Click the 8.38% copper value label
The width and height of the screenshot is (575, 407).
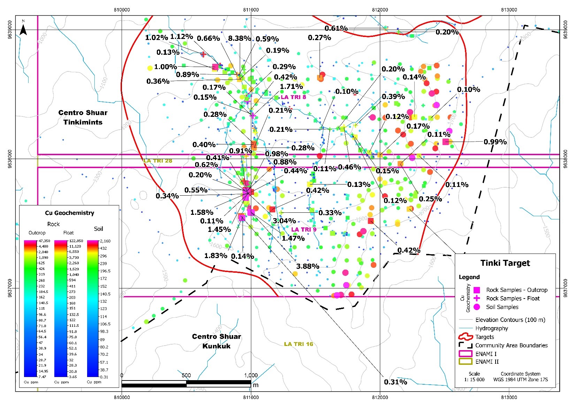tap(239, 38)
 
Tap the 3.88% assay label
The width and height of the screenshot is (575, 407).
tap(307, 266)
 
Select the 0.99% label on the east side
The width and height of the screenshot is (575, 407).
tap(495, 142)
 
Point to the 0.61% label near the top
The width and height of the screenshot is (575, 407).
tap(336, 28)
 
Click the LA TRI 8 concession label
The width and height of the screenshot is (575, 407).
tap(293, 97)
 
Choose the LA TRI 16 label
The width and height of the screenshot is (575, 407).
tap(298, 344)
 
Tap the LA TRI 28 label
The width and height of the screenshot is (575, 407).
tap(158, 161)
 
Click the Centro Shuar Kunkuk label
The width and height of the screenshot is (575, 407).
tap(216, 341)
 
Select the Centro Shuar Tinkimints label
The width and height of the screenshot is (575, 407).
tap(83, 117)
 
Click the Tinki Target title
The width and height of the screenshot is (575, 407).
tap(505, 263)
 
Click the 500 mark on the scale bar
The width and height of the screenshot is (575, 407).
tap(186, 375)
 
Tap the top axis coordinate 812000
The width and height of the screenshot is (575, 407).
tap(380, 10)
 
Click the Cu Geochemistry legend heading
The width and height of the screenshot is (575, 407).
tap(69, 213)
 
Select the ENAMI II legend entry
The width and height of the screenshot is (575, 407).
tap(487, 362)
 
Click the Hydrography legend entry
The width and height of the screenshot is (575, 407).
tap(491, 328)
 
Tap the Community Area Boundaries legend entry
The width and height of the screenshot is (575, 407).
tap(511, 345)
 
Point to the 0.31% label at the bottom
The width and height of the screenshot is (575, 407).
tap(395, 382)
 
